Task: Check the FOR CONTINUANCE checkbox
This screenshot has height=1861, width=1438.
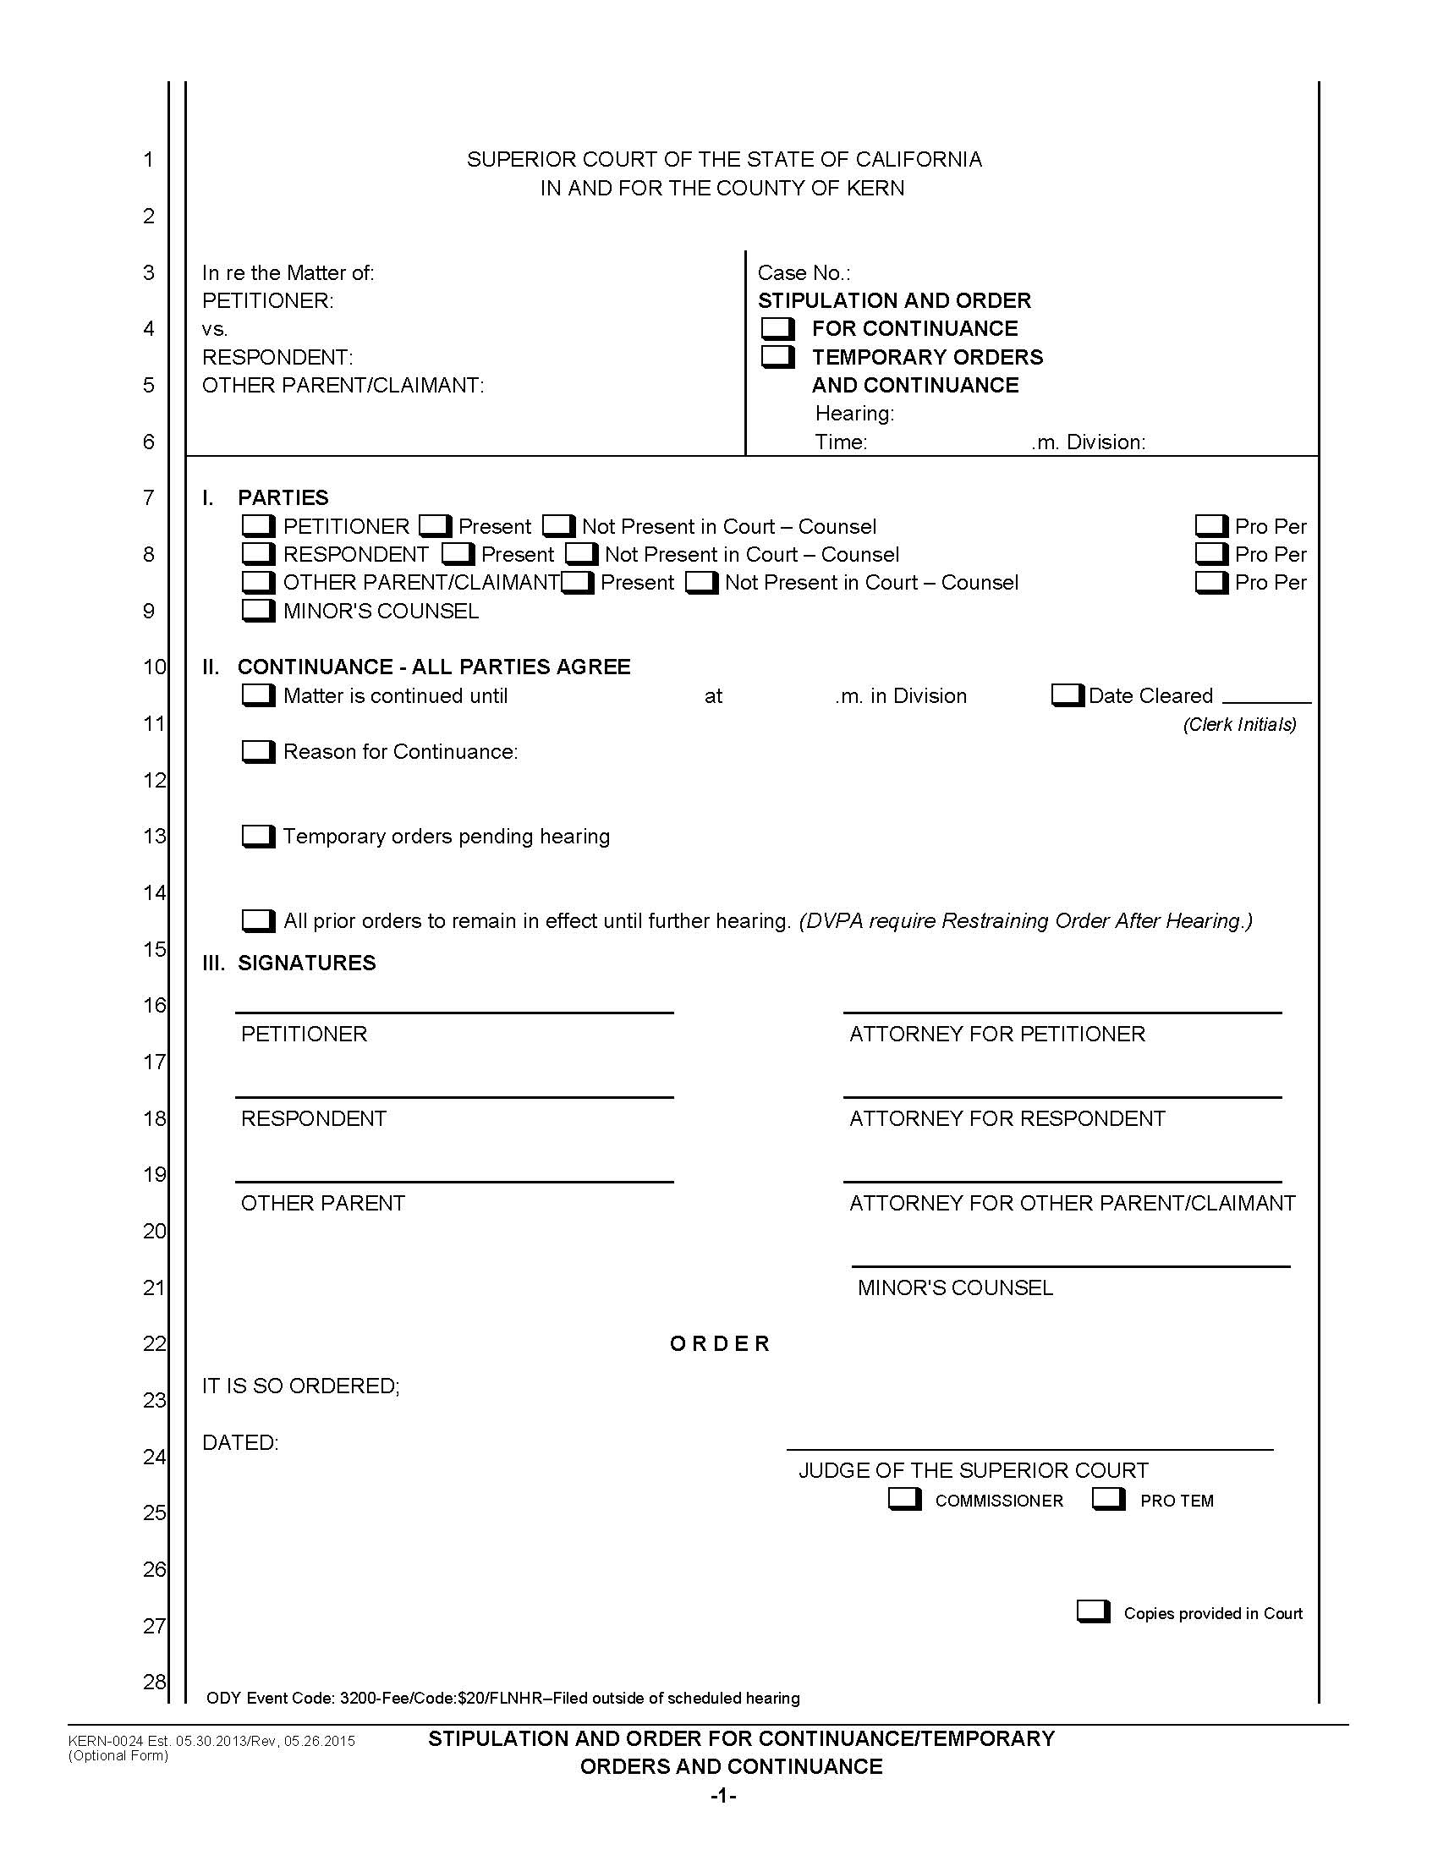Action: (x=777, y=328)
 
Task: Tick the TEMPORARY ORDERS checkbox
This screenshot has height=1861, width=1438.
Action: (x=777, y=356)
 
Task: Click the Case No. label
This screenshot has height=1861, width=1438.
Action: (x=804, y=272)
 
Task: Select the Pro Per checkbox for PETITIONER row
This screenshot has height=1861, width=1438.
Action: (x=1210, y=526)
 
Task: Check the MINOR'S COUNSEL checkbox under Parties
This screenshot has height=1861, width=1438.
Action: (x=258, y=610)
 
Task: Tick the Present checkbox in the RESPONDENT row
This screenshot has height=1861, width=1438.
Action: (x=458, y=554)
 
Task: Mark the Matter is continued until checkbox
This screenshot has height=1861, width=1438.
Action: (x=258, y=695)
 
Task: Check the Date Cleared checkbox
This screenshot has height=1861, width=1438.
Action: (x=1067, y=695)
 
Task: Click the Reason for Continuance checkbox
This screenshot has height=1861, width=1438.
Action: (x=258, y=751)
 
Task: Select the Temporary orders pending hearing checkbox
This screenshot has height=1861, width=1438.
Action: (x=258, y=836)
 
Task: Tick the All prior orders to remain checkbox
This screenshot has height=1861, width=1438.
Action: (x=258, y=920)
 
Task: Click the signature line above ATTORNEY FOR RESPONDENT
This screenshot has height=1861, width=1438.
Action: (x=1062, y=1095)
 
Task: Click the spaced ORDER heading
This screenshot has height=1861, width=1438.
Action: (x=720, y=1344)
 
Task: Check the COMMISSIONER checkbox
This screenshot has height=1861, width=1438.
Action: (x=904, y=1499)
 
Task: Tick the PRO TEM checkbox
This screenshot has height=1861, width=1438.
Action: (x=1108, y=1499)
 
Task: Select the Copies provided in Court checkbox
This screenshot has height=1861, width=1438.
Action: (x=1093, y=1611)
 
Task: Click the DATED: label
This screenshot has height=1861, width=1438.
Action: (x=240, y=1442)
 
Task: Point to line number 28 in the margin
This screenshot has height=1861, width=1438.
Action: (x=154, y=1681)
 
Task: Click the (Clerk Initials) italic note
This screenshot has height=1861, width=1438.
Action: (x=1239, y=724)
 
